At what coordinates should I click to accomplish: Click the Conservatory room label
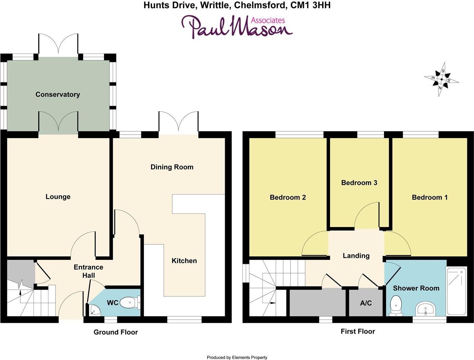point(58,94)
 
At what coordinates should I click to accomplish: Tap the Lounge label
point(58,197)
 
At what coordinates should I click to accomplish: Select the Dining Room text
point(172,167)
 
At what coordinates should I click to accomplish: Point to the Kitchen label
point(184,261)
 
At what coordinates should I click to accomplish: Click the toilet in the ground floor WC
point(130,303)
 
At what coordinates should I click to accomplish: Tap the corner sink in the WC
point(93,310)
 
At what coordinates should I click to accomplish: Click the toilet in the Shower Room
point(395,304)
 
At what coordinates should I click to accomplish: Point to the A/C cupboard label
point(366,303)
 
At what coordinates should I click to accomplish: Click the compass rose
point(441,80)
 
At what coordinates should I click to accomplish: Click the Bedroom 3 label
point(359,183)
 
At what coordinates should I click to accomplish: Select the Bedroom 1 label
point(429,197)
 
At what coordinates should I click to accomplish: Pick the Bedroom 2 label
point(288,197)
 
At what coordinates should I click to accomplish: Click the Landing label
point(356,255)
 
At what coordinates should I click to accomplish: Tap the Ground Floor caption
point(116,332)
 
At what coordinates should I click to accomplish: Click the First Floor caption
point(358,331)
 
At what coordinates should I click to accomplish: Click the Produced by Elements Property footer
point(237,357)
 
